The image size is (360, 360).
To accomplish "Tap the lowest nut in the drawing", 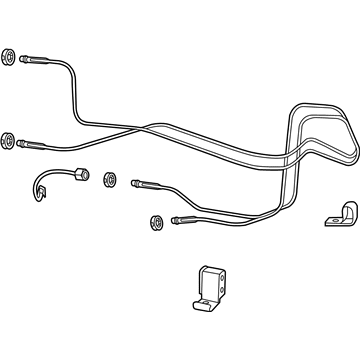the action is tap(155, 221).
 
